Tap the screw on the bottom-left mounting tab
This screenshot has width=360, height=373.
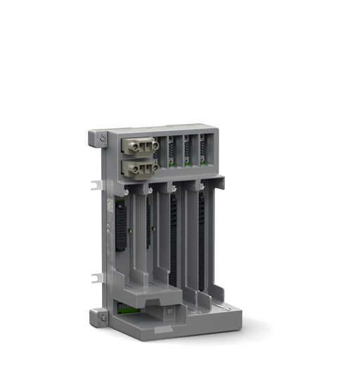click(x=103, y=318)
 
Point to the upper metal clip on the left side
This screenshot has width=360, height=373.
click(x=97, y=186)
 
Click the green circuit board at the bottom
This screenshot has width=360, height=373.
click(x=126, y=308)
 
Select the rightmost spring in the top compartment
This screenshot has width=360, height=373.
click(x=202, y=150)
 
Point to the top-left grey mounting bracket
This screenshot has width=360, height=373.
click(x=98, y=138)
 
